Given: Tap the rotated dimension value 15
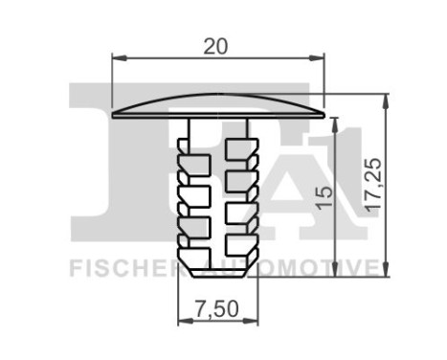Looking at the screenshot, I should pyautogui.click(x=325, y=197).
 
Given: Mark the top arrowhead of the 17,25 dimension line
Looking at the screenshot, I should pyautogui.click(x=387, y=98).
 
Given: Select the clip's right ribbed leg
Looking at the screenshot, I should pyautogui.click(x=242, y=191).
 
